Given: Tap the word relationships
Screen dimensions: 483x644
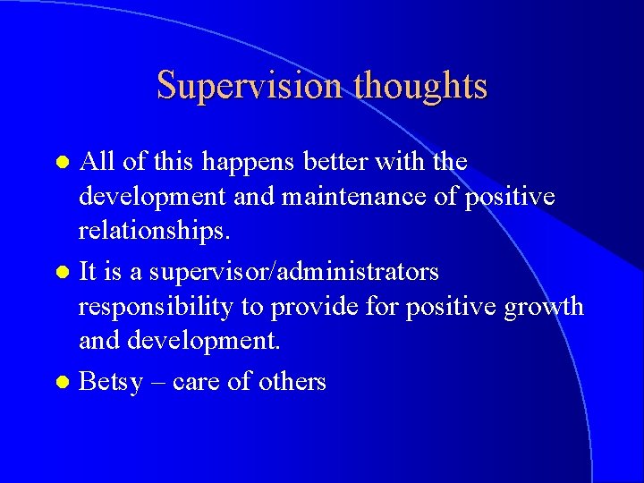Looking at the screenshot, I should click(155, 233).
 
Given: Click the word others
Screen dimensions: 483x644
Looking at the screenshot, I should click(292, 382).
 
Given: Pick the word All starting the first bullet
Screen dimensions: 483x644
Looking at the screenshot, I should click(95, 162).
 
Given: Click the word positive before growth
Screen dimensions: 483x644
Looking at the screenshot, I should click(452, 308).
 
